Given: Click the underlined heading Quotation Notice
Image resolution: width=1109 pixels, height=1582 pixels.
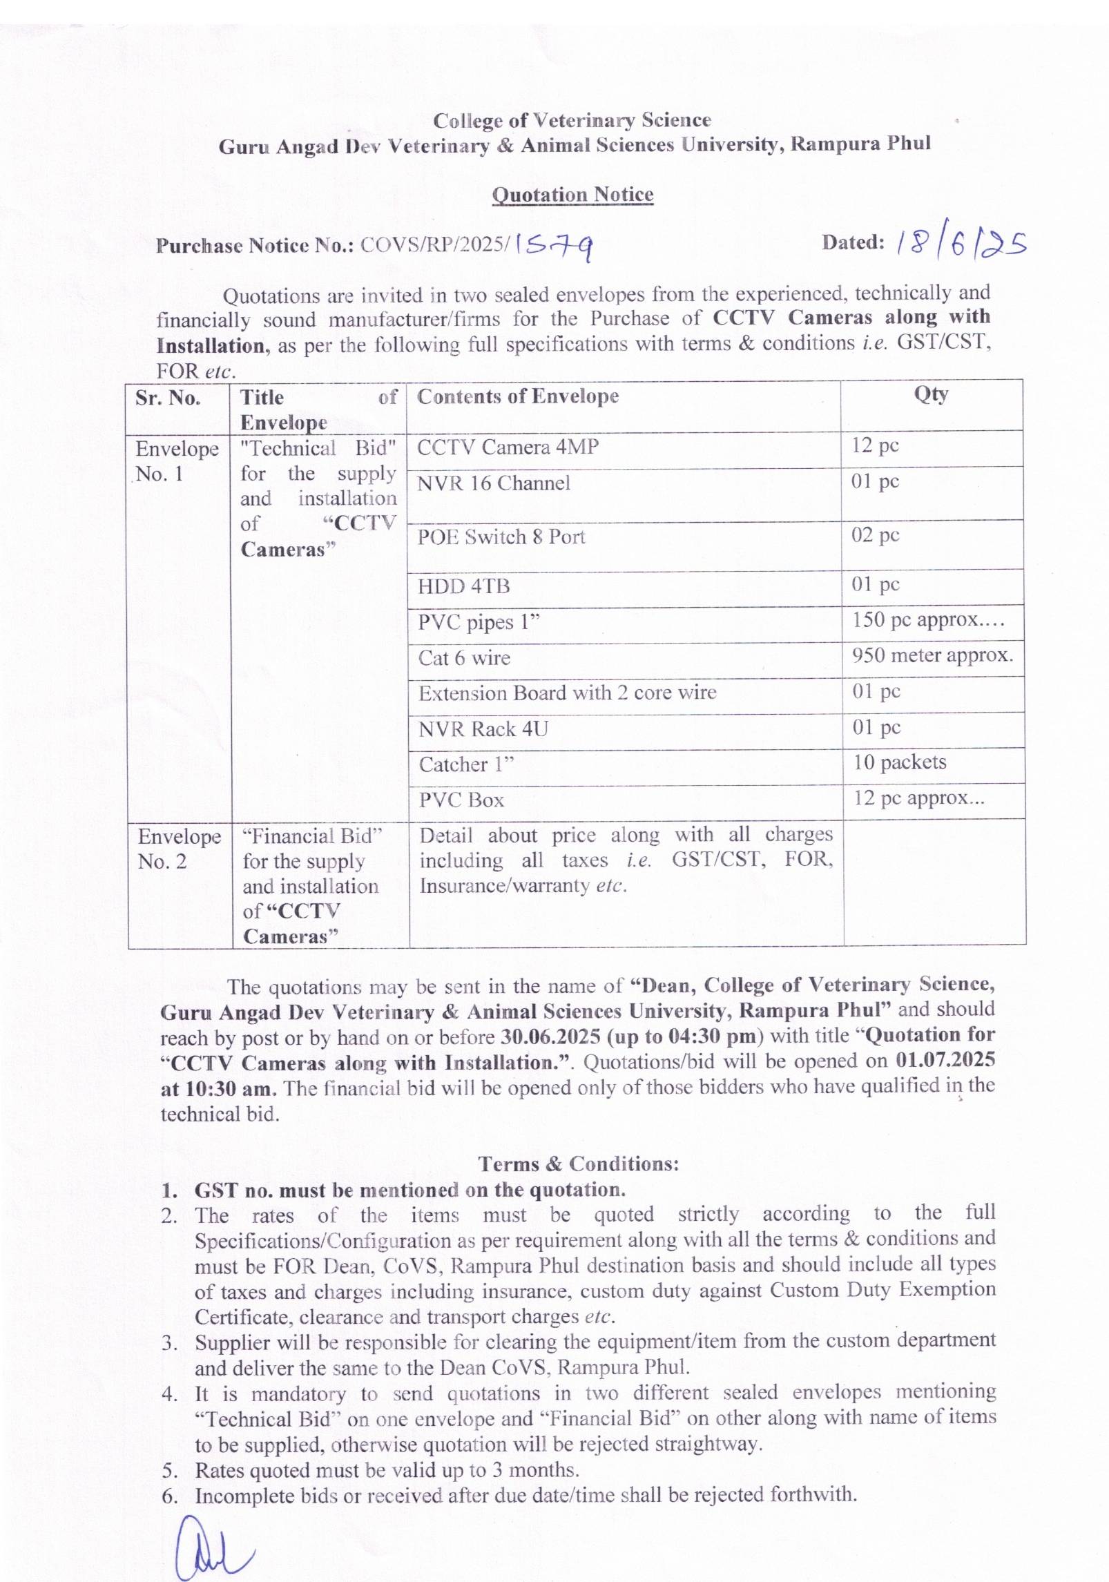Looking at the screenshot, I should click(x=572, y=195).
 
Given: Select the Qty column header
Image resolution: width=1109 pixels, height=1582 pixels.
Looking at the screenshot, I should click(x=931, y=394).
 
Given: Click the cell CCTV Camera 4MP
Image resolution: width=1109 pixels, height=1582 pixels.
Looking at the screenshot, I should click(x=508, y=447).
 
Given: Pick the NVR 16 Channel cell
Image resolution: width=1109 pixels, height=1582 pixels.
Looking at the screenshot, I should click(x=494, y=483).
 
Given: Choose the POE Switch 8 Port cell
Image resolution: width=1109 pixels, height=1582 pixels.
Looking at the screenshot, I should click(x=501, y=537).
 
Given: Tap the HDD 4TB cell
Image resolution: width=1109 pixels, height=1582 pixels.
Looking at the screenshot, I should click(x=463, y=587).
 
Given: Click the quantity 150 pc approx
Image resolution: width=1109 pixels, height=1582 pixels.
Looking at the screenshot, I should click(x=927, y=620).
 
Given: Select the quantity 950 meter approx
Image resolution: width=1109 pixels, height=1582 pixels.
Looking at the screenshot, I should click(x=932, y=655).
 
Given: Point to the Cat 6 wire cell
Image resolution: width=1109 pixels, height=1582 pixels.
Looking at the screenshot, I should click(x=464, y=658).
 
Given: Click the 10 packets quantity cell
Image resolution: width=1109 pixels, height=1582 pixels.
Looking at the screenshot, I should click(x=899, y=762).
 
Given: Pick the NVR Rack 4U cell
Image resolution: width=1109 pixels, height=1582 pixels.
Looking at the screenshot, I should click(x=483, y=729).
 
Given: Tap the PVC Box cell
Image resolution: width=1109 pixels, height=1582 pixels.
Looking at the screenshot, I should click(x=461, y=800).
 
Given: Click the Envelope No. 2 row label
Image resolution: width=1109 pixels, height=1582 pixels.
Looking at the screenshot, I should click(x=179, y=849).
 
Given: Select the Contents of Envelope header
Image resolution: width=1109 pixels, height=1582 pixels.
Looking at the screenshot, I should click(x=518, y=396).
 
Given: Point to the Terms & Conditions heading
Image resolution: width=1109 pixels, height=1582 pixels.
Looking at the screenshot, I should click(x=579, y=1164).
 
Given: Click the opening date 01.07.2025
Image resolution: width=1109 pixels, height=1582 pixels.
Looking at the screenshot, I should click(x=945, y=1061).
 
